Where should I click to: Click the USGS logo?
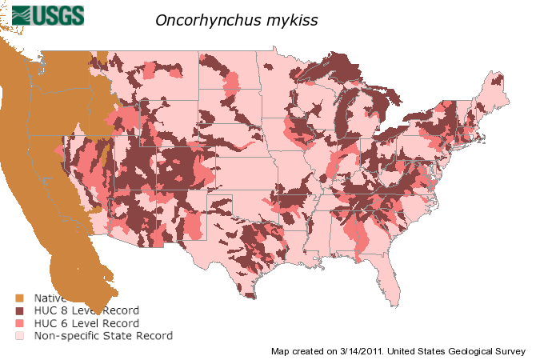48,14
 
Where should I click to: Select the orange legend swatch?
19,298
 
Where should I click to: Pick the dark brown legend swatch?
19,310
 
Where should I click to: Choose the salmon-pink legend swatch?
19,323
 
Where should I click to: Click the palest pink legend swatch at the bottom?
19,336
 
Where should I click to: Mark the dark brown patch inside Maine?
498,79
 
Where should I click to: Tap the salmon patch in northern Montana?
152,71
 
